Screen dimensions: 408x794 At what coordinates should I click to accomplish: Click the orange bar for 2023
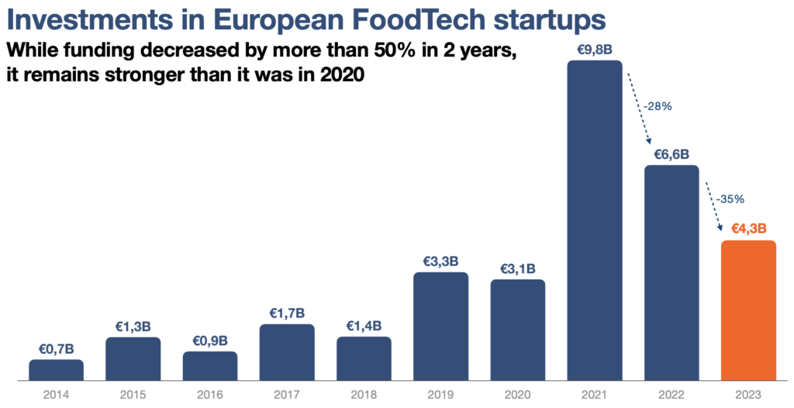click(748, 311)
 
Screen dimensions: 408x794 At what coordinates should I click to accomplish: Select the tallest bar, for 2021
click(595, 221)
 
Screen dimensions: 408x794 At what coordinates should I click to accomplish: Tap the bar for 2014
click(56, 370)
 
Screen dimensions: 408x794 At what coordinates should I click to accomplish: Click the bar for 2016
click(210, 366)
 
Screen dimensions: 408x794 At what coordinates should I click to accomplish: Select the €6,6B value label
click(671, 155)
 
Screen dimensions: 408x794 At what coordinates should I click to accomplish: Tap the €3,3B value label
click(440, 262)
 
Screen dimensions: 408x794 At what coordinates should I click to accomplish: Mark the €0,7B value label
click(56, 349)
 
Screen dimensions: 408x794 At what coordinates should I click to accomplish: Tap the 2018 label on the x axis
click(364, 394)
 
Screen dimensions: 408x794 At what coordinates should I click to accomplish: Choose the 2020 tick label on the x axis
click(517, 394)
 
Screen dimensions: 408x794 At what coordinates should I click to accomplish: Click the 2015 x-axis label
click(133, 394)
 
